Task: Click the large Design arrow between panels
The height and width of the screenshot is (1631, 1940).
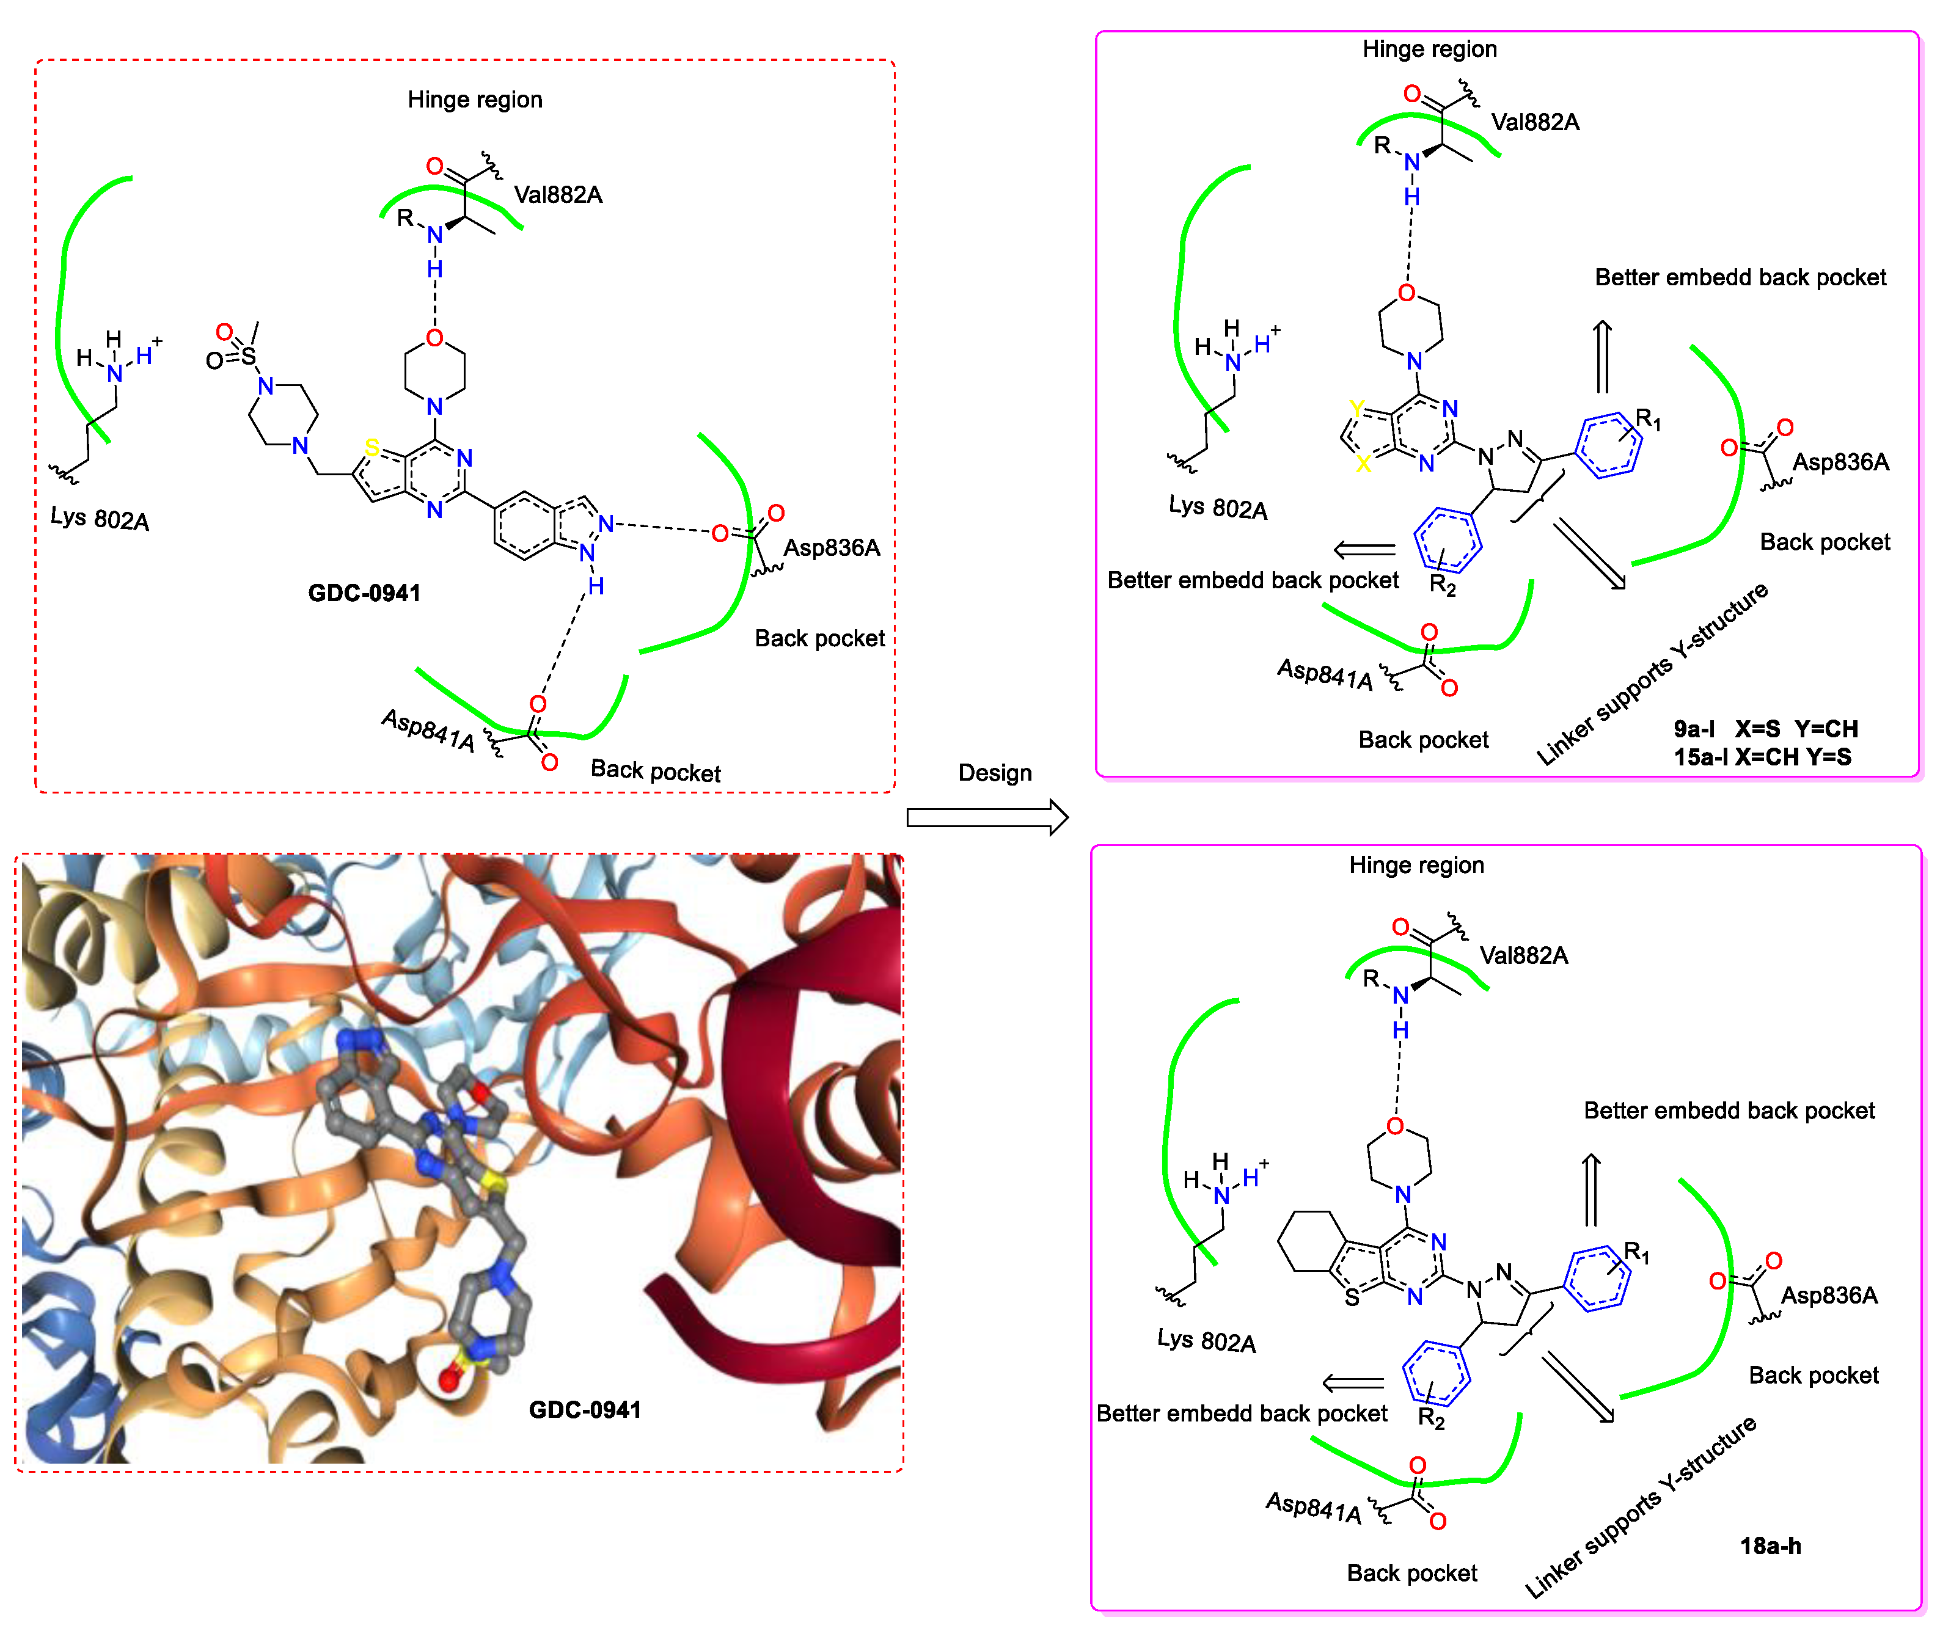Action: pos(987,817)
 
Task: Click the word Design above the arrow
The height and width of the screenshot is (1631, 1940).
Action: pos(994,772)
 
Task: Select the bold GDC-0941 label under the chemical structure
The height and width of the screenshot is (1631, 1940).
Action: pos(364,593)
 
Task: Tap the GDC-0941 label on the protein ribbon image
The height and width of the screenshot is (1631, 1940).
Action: pos(584,1409)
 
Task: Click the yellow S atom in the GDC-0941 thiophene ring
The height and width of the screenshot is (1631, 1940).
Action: pos(372,448)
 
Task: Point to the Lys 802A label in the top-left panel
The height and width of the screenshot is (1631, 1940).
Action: pos(99,518)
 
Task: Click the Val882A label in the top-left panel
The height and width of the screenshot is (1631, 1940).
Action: pos(558,194)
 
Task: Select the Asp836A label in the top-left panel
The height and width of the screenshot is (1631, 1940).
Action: pos(831,547)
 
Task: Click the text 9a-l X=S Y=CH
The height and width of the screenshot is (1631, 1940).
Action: pos(1764,729)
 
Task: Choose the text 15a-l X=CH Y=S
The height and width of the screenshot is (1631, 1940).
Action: pos(1762,757)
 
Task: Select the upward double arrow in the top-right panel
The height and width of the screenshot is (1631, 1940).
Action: pos(1603,356)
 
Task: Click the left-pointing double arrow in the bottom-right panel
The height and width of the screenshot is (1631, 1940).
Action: pos(1353,1383)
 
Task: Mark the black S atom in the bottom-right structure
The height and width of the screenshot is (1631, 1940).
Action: pos(1352,1297)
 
